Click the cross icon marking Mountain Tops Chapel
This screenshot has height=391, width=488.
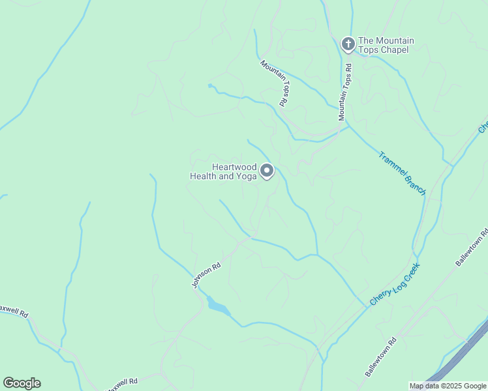point(348,44)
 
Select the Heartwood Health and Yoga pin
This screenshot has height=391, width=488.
point(267,171)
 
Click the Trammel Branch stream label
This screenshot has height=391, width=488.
point(403,173)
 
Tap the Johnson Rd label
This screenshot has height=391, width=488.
point(206,274)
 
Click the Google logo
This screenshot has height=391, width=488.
point(22,383)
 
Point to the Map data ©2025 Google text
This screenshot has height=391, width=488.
point(448,386)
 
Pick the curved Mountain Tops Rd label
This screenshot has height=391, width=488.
point(275,83)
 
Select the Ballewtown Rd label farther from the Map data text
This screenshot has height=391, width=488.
point(472,248)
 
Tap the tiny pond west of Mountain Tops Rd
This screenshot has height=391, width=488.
point(210,86)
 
